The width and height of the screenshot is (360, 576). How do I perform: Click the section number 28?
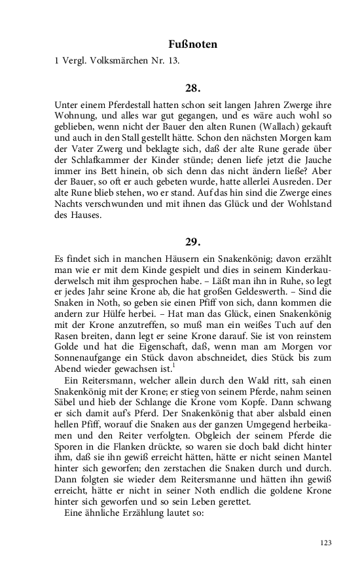[192, 87]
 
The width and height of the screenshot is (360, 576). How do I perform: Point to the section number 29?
[192, 242]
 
